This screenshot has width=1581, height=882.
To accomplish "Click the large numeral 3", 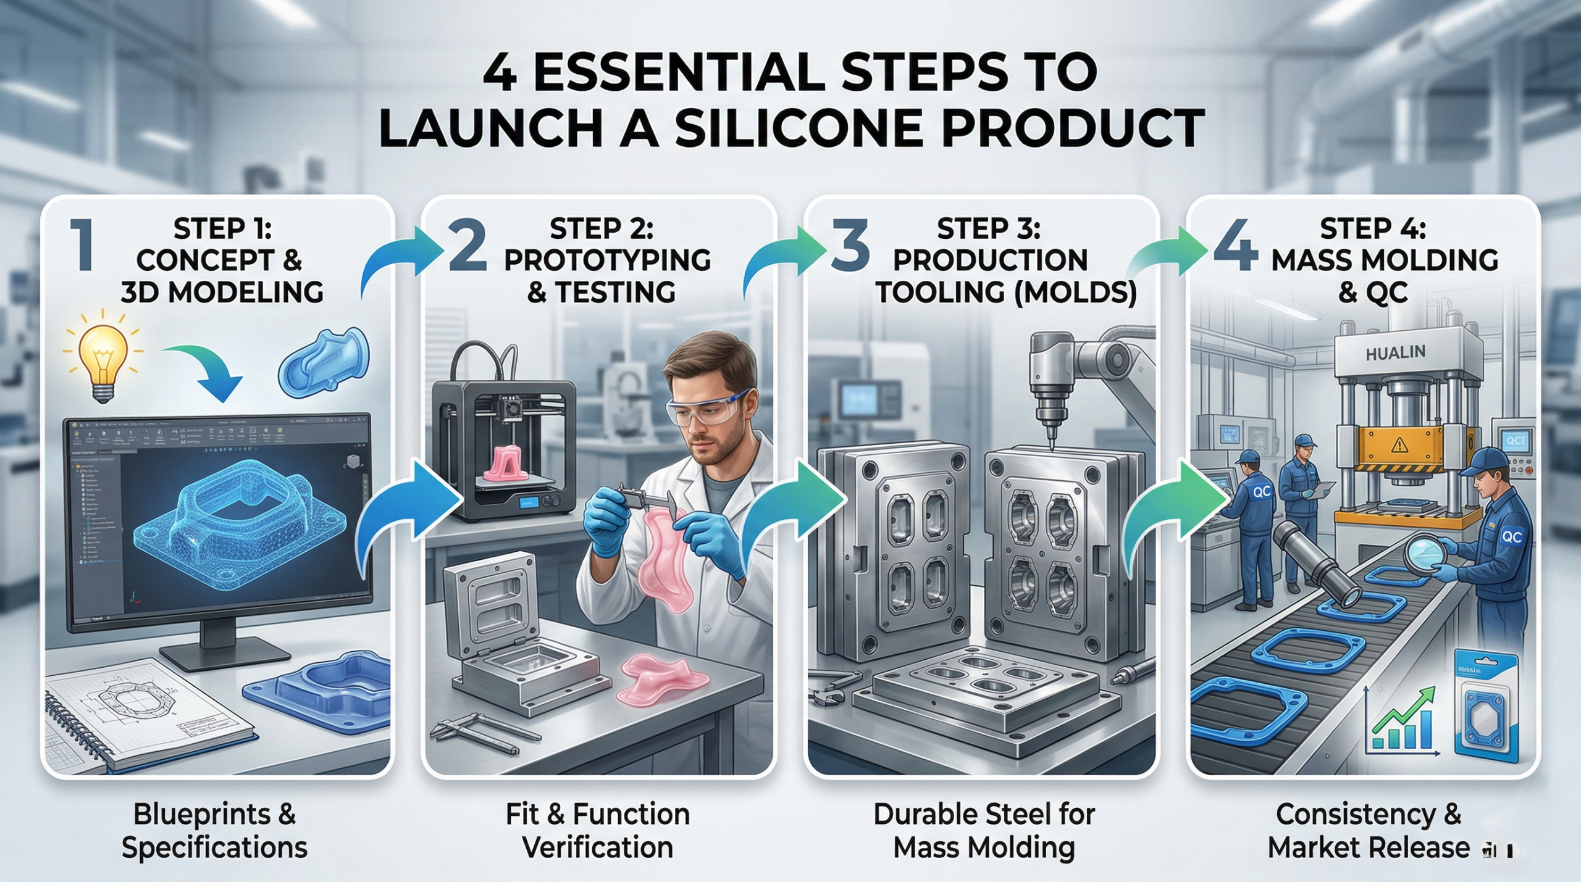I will click(850, 247).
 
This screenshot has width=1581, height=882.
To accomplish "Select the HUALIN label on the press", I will click(1395, 354).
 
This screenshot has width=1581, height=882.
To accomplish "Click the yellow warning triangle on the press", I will click(1399, 444).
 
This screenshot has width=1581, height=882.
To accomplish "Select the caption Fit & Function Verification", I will click(597, 831).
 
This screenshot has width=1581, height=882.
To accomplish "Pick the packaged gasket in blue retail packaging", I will click(1485, 710).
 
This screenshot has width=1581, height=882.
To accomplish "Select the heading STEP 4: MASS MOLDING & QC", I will click(1383, 260).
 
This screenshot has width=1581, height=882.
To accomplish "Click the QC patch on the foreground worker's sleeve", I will click(1511, 536).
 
